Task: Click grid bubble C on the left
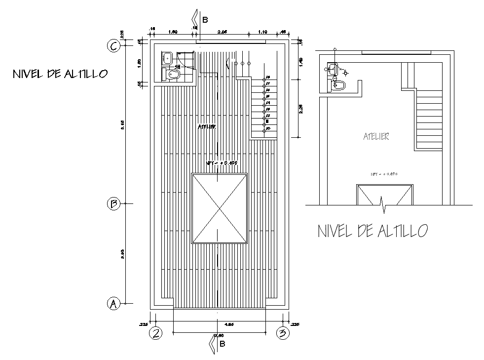point(113,46)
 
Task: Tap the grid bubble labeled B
point(113,204)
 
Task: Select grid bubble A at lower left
point(113,303)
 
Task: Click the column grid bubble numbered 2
point(156,333)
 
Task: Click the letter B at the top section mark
point(205,20)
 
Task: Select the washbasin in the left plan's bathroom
point(167,58)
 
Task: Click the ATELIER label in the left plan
point(208,127)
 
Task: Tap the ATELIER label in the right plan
point(376,137)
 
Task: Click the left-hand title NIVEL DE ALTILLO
point(60,74)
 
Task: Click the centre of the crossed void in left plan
point(219,208)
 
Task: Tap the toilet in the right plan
point(340,85)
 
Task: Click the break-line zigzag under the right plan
point(383,204)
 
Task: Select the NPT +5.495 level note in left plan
point(222,163)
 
